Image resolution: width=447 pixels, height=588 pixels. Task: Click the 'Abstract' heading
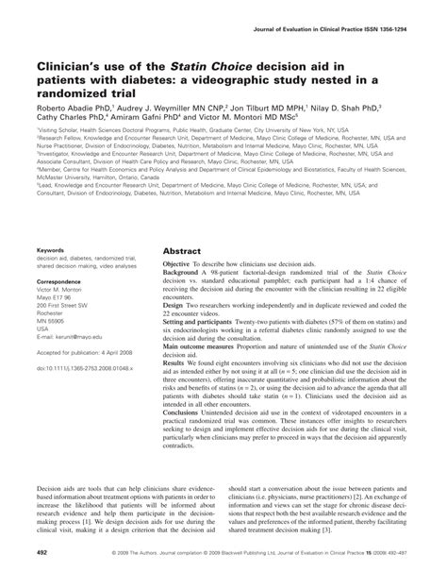pyautogui.click(x=184, y=267)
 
